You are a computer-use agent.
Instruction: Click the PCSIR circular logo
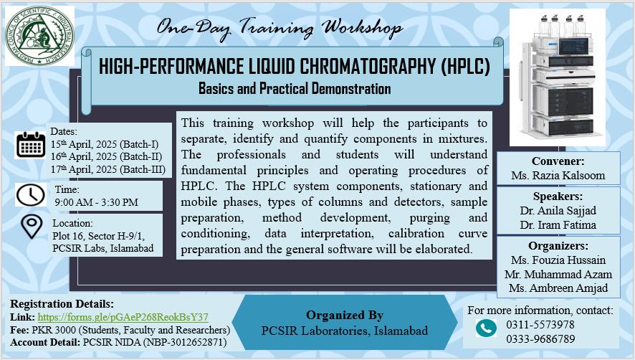click(x=39, y=36)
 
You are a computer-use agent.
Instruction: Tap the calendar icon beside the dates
click(x=30, y=145)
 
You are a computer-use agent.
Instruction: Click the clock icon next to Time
click(x=31, y=195)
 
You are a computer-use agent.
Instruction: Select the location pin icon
click(x=32, y=226)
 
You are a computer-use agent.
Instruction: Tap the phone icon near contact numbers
click(x=487, y=328)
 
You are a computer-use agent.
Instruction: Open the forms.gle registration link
click(x=123, y=317)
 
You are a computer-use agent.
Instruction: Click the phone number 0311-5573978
click(x=540, y=325)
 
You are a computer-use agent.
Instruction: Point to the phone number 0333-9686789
click(x=540, y=339)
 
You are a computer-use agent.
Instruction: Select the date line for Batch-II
click(x=106, y=156)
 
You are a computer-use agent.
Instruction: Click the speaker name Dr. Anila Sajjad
click(x=558, y=211)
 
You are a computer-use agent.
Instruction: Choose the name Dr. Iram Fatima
click(x=558, y=225)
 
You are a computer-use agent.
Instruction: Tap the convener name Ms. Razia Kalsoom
click(x=558, y=176)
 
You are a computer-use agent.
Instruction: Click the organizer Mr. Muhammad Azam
click(x=558, y=275)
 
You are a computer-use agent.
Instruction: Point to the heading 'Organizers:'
click(x=558, y=246)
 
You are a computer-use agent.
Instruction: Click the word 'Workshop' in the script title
click(x=363, y=29)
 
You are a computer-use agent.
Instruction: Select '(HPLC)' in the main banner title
click(x=465, y=67)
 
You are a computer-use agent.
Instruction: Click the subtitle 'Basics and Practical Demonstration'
click(x=295, y=88)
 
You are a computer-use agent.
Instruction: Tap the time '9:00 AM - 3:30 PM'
click(x=96, y=202)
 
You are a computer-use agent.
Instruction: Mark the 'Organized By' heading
click(x=345, y=315)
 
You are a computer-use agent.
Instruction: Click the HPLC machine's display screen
click(x=574, y=46)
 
